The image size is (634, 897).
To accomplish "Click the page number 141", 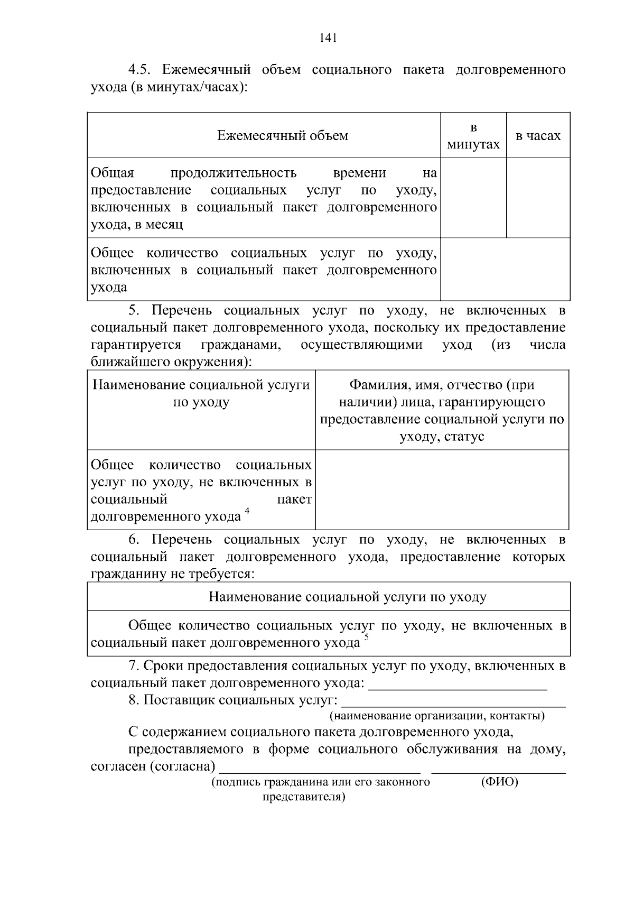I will pos(328,38).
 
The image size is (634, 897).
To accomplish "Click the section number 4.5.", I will pos(141,70).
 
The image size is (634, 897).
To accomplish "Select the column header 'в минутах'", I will pos(473,136).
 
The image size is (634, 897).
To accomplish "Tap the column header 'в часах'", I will pos(538,136).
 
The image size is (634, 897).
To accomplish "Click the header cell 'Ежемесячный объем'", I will pos(283,136).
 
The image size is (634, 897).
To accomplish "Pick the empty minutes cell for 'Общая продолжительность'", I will pos(473,198).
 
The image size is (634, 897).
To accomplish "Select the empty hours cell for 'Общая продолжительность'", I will pos(538,198).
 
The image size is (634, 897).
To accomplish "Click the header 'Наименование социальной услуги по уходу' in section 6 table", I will pos(347,597).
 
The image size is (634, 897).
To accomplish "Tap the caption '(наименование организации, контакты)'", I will pos(437,716).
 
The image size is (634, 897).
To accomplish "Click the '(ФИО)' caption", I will pos(499,782).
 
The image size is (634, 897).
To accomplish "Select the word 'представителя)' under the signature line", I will pos(304,797).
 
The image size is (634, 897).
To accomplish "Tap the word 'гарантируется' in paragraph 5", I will pos(136,345).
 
